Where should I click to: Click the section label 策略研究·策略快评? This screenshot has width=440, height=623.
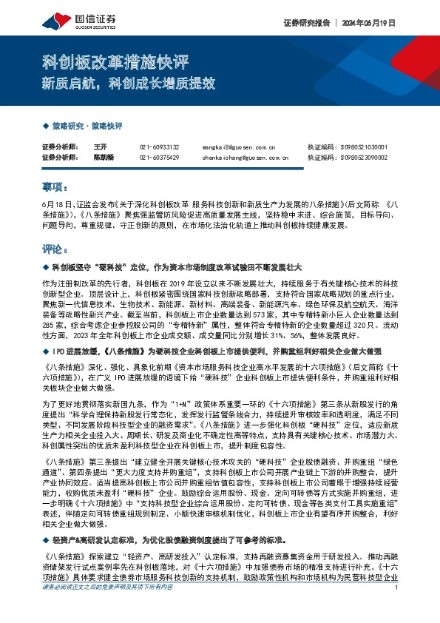click(x=87, y=126)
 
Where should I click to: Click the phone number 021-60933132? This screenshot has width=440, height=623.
click(x=159, y=147)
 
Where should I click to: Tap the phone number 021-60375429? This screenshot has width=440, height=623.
click(x=159, y=157)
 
